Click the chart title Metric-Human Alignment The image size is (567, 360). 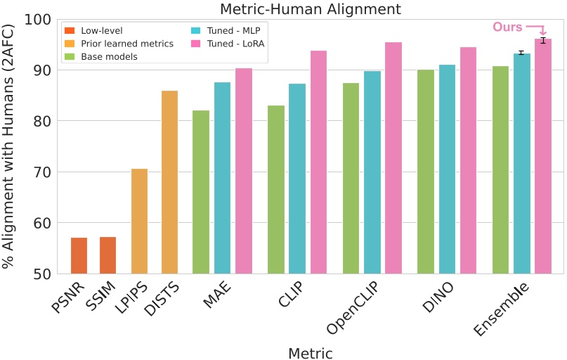click(x=310, y=9)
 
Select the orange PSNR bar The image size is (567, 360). click(x=79, y=256)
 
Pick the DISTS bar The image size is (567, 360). click(x=169, y=182)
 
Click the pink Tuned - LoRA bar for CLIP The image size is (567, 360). click(x=318, y=162)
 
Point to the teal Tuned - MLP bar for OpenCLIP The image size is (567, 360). click(x=372, y=172)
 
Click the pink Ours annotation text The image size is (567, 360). click(x=507, y=27)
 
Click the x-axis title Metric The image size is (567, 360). click(x=310, y=353)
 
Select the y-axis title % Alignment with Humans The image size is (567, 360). click(x=9, y=146)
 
